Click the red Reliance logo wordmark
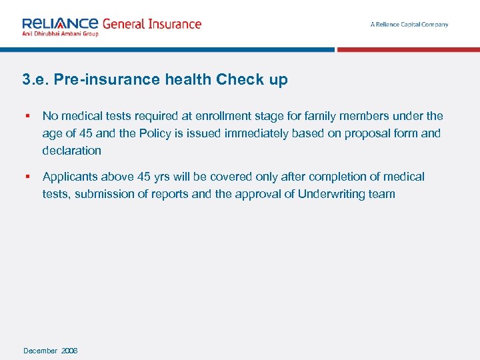click(x=60, y=23)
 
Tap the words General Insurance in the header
click(x=151, y=24)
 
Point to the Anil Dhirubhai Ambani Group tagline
click(x=60, y=34)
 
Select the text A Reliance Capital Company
click(x=409, y=25)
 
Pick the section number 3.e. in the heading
click(x=35, y=80)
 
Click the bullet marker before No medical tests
click(x=27, y=116)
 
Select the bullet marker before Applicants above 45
click(x=27, y=177)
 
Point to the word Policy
click(x=155, y=133)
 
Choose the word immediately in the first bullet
click(x=255, y=133)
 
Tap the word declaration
click(x=72, y=151)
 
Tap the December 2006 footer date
click(x=51, y=351)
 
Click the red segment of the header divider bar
click(x=408, y=49)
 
